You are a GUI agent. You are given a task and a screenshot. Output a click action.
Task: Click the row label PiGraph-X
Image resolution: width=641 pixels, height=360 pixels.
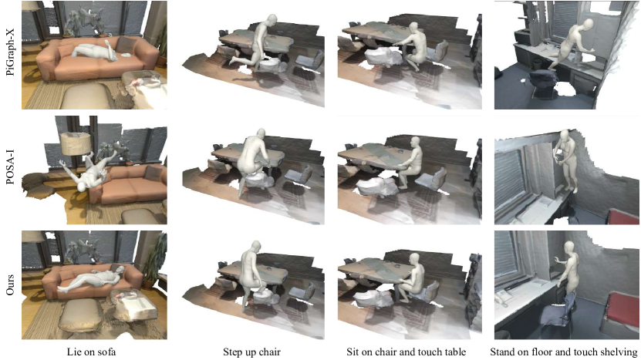(x=10, y=55)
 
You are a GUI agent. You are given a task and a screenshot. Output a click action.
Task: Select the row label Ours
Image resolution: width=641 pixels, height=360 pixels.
(x=10, y=284)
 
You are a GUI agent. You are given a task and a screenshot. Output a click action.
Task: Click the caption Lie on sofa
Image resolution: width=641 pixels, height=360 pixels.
(x=92, y=352)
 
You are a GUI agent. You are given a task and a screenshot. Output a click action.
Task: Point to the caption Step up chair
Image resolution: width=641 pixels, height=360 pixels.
(x=251, y=352)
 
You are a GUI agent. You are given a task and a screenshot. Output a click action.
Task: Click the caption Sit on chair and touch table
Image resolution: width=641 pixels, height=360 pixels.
(x=407, y=352)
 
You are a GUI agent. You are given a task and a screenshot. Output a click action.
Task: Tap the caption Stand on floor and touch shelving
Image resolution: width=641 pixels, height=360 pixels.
(x=564, y=352)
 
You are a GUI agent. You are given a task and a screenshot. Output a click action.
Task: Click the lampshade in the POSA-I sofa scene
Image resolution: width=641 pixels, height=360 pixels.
(x=76, y=143)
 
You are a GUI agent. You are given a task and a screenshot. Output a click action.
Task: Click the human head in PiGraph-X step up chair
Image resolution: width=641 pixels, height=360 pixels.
(x=272, y=19)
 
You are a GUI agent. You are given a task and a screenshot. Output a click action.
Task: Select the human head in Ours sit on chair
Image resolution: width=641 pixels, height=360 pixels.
(x=415, y=258)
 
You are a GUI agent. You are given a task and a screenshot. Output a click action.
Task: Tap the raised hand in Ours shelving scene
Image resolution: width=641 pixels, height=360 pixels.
(x=556, y=260)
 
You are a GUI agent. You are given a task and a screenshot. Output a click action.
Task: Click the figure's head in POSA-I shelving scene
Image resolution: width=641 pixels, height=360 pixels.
(x=564, y=134)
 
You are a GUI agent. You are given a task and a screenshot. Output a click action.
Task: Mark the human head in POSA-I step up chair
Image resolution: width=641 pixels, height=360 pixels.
(x=261, y=134)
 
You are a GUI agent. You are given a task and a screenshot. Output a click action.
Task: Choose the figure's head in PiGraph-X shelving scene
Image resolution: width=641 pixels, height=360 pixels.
(x=588, y=24)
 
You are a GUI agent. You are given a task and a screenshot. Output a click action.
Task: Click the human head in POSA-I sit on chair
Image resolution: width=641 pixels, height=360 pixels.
(x=415, y=142)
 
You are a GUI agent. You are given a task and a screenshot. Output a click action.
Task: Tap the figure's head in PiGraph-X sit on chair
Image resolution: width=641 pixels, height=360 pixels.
(x=414, y=28)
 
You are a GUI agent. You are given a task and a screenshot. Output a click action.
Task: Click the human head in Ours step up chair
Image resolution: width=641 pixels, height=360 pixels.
(x=255, y=246)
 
